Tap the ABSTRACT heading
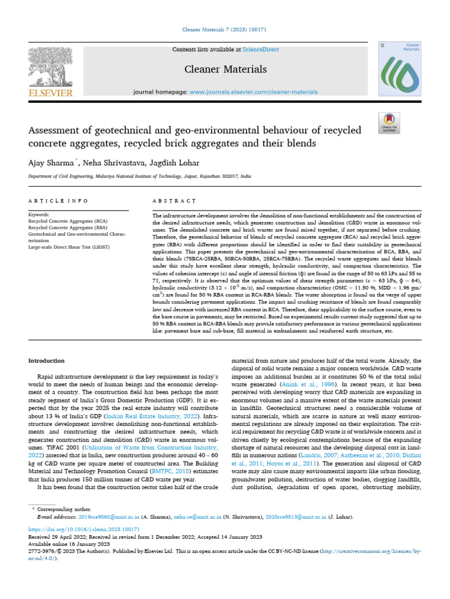[173, 201]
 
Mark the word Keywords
[39, 215]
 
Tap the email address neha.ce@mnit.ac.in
[196, 517]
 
